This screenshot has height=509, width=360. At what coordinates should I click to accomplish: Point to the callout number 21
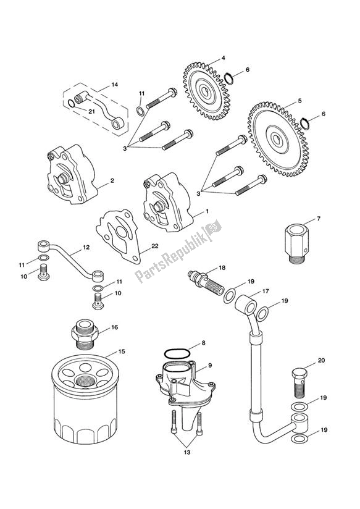point(91,111)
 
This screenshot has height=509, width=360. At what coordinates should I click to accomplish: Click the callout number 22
point(155,246)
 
